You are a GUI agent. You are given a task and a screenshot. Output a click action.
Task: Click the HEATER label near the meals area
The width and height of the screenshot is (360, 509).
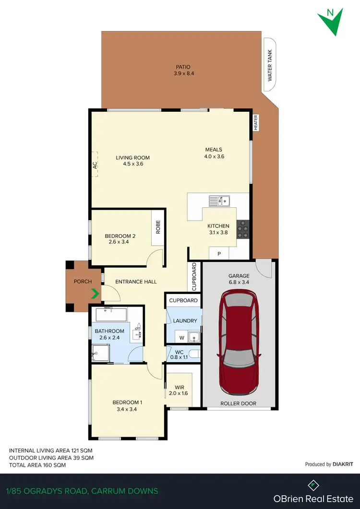click(256, 123)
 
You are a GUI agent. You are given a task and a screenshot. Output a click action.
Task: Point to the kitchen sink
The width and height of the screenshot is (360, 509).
click(219, 201)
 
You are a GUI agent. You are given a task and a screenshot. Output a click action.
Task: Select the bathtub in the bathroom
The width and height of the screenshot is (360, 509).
click(111, 315)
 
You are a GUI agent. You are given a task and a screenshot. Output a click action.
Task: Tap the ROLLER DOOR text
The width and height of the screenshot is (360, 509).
click(239, 403)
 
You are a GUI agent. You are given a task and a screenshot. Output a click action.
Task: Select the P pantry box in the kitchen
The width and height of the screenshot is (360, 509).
click(219, 254)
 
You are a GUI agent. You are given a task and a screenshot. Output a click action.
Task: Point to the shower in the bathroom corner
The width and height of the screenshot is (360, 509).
click(98, 354)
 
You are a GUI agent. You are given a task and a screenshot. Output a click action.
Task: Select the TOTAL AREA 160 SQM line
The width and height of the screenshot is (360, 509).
click(37, 465)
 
